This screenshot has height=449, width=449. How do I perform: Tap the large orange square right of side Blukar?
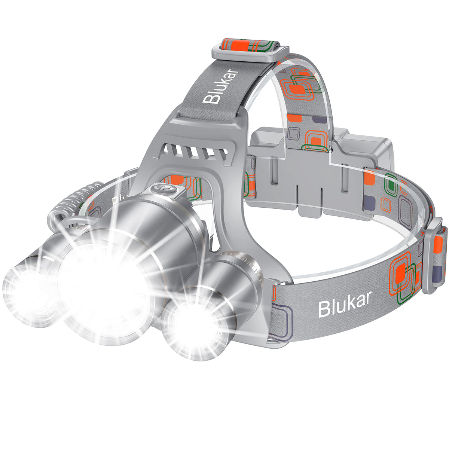(403, 271)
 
